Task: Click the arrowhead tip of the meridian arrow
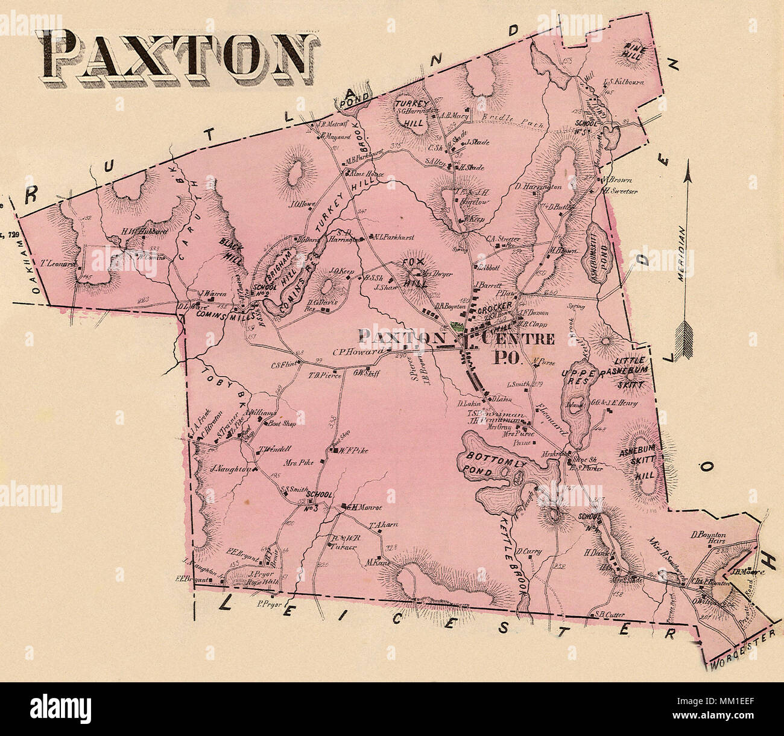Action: coord(686,163)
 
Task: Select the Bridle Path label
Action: coord(507,117)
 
